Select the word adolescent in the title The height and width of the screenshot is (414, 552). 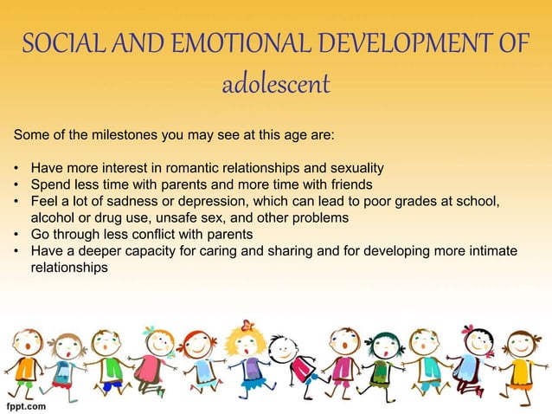275,86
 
